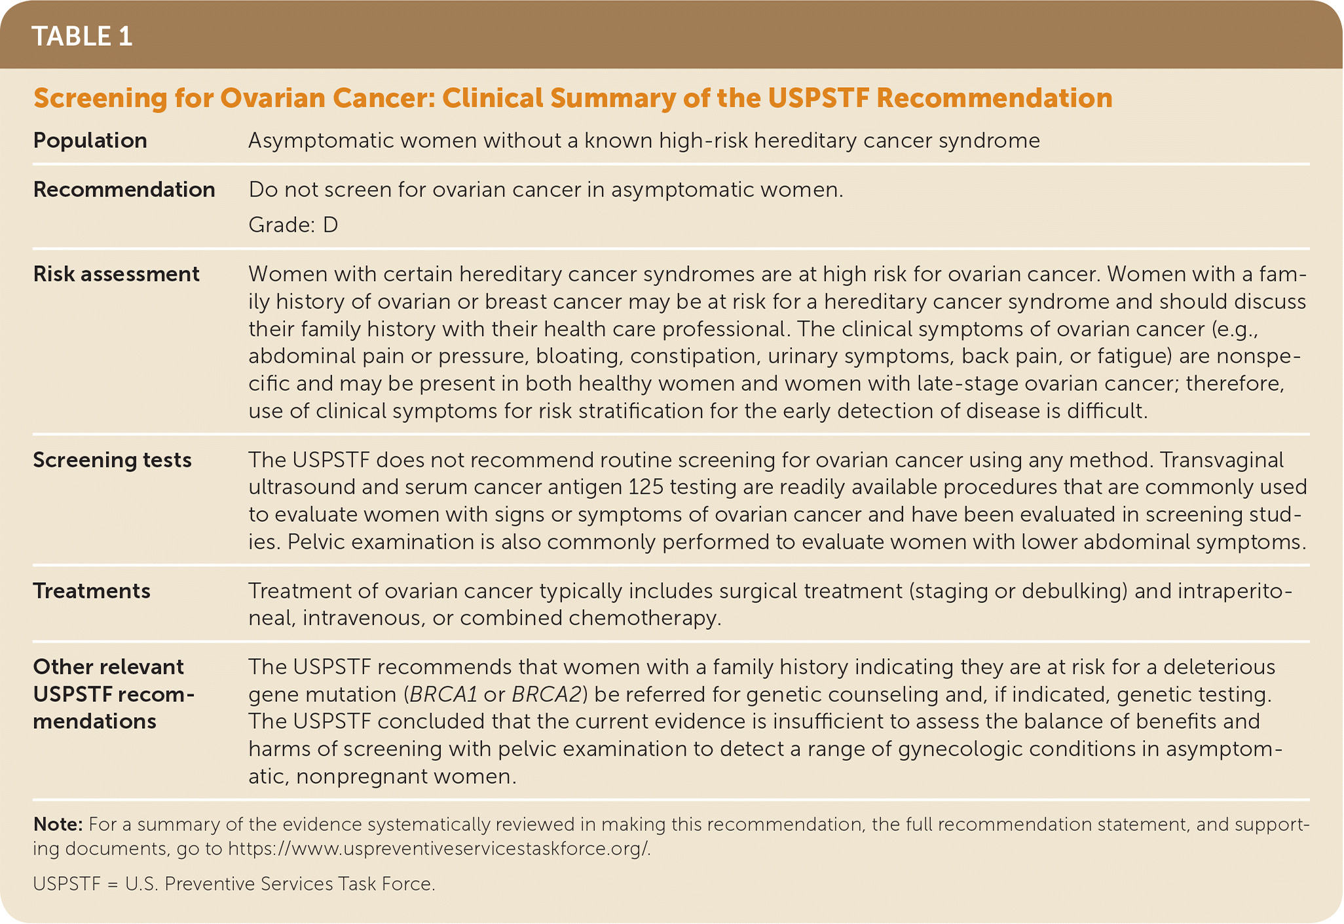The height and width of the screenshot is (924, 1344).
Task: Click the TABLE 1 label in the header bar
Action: coord(82,36)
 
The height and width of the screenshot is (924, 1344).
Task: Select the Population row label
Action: coord(90,141)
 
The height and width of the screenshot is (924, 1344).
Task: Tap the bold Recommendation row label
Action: coord(124,190)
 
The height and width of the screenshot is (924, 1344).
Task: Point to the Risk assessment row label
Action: coord(117,274)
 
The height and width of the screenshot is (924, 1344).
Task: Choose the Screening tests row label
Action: coord(113,460)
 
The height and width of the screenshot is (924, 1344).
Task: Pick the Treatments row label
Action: coord(92,591)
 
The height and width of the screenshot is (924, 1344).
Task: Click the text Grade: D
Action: coord(293,225)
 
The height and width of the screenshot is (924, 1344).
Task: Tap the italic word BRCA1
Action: coord(442,695)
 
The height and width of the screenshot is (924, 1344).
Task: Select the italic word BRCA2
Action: coord(546,695)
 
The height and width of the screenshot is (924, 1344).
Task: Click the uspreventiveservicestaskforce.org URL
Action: coord(439,849)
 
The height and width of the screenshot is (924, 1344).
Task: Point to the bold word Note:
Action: coord(58,824)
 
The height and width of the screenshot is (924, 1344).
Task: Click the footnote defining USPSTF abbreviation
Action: coord(234,885)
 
